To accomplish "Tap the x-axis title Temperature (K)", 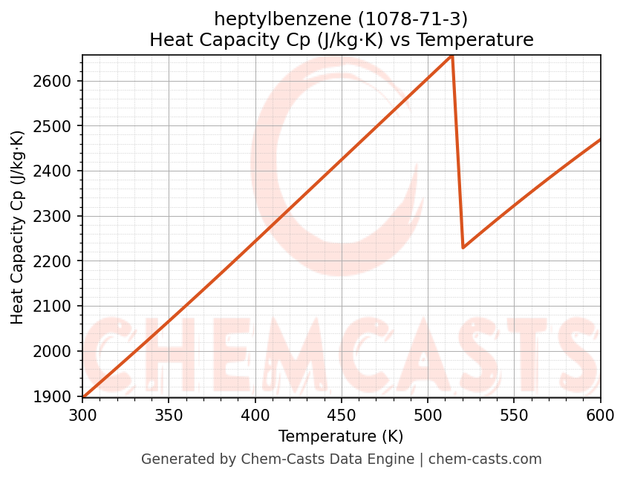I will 341,436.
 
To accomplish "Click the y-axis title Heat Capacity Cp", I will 18,226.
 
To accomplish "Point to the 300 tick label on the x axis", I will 82,415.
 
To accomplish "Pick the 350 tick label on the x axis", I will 169,415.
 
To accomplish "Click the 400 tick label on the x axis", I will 255,415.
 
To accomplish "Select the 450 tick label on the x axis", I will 341,415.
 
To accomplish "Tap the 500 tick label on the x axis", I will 428,415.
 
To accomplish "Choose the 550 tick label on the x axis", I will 514,415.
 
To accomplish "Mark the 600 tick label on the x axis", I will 599,415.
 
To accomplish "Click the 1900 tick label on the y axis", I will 57,396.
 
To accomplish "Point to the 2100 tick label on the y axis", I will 57,307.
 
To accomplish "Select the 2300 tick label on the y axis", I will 57,217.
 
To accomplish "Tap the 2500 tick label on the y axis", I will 57,126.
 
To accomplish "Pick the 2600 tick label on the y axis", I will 57,81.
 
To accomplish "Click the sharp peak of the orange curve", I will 451,56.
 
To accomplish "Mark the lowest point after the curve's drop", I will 463,247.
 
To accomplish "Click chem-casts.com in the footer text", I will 485,459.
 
